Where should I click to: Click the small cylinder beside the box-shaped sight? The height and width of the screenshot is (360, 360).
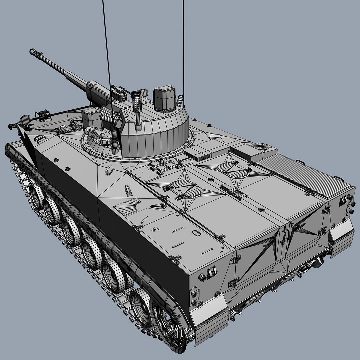click(180, 100)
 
